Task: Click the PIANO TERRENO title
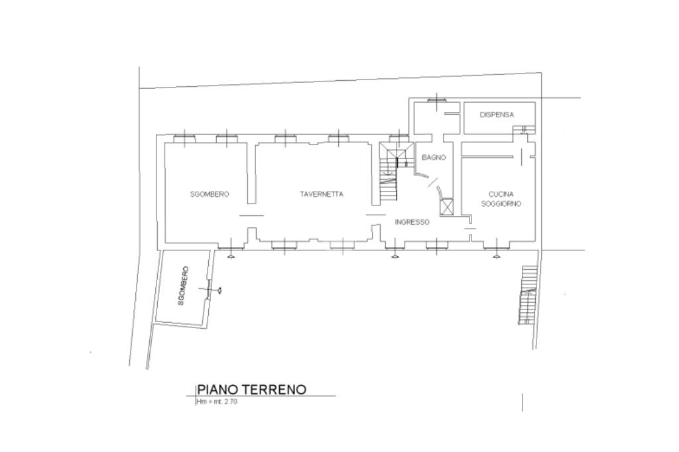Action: (251, 389)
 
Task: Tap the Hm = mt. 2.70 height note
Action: (217, 402)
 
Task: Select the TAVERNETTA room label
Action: (322, 194)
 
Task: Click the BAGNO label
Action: (434, 158)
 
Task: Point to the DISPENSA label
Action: (497, 115)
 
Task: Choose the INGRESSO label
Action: (412, 222)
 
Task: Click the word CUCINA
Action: (501, 194)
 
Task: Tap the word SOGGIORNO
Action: (501, 203)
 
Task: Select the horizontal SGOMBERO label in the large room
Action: (210, 194)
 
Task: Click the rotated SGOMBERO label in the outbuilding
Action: (183, 286)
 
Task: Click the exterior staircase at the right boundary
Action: (528, 295)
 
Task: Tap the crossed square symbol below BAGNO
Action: (446, 207)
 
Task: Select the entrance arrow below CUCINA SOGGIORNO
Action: (496, 257)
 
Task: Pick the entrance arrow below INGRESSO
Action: (395, 257)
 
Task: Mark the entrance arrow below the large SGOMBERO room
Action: (231, 257)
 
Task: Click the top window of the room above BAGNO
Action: (436, 100)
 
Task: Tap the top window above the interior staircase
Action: (399, 139)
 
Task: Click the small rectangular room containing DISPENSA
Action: (499, 118)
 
